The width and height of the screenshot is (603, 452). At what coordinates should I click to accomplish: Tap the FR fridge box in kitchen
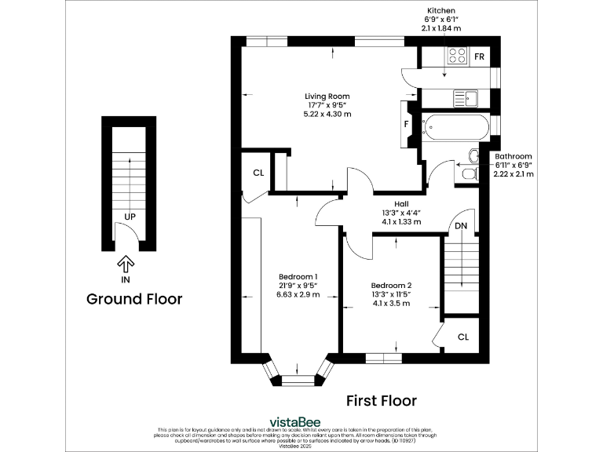tap(479, 56)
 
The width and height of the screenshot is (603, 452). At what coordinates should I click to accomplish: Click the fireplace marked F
tap(407, 124)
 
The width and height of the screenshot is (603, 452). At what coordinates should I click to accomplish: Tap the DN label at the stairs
tap(462, 226)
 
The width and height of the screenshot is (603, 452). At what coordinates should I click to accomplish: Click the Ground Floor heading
tap(134, 299)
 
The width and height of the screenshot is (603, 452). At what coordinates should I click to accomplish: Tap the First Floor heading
tap(382, 401)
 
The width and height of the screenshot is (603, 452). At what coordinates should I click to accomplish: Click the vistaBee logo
tap(301, 420)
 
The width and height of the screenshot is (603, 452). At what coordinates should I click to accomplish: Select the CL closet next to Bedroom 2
tap(463, 336)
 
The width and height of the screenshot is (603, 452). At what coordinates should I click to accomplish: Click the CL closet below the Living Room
tap(258, 173)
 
